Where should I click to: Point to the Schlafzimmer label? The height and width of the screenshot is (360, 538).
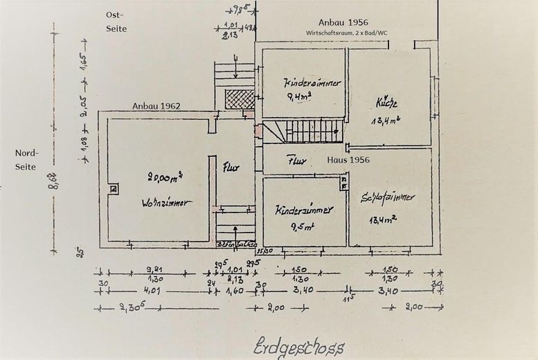point(388,197)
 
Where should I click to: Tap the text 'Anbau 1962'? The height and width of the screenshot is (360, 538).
point(157,106)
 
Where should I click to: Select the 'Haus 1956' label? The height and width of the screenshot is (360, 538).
point(348,160)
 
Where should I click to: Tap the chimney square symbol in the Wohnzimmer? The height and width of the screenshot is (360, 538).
point(113,188)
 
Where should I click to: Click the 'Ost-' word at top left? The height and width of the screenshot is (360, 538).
point(114,14)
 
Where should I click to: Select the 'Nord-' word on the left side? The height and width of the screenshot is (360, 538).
point(28,154)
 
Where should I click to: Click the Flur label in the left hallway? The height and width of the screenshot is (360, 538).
point(231,167)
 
